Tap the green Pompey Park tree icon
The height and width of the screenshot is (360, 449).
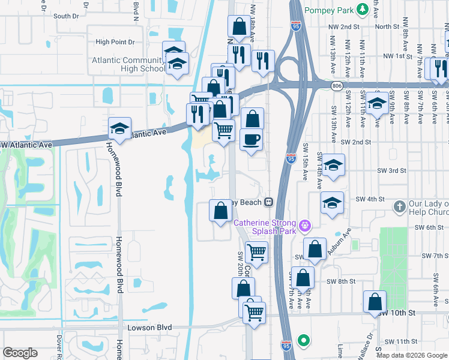coord(362,10)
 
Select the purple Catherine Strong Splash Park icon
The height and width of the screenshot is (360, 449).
coord(306,226)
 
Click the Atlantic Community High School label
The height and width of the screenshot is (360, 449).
coord(128,64)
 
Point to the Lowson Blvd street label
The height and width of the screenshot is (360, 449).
coord(150,328)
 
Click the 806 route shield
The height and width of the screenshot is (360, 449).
coord(337,86)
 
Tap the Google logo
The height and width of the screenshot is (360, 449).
coord(20,353)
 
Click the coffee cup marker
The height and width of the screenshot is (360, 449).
coord(251,140)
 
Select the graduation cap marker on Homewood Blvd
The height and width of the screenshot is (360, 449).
coord(119,128)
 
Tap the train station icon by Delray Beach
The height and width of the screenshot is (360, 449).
coord(270,202)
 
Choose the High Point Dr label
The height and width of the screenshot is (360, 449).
coord(115,42)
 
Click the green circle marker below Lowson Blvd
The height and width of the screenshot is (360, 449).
coord(304,341)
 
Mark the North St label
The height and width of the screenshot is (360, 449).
coord(387,26)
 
